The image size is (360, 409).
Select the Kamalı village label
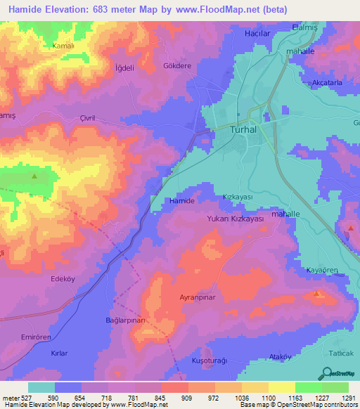pyautogui.click(x=63, y=46)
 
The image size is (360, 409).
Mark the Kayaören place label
pyautogui.click(x=325, y=271)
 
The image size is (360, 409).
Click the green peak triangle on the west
pyautogui.click(x=33, y=176)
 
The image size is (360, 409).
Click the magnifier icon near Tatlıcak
pyautogui.click(x=328, y=372)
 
